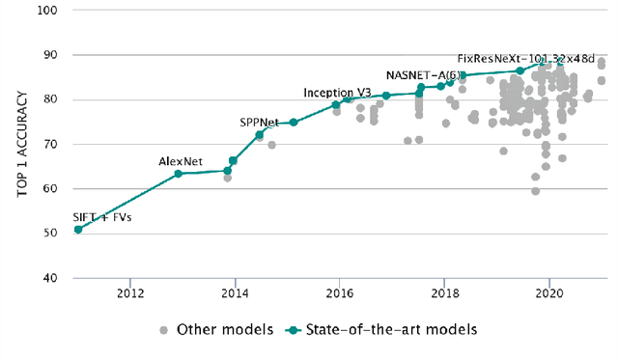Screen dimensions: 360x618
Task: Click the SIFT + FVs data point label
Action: click(x=102, y=217)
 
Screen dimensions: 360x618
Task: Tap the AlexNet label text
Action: click(x=180, y=161)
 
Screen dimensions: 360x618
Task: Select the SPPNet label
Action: click(x=260, y=123)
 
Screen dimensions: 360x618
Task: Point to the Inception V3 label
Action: click(x=337, y=93)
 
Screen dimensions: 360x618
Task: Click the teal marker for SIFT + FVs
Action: click(x=78, y=229)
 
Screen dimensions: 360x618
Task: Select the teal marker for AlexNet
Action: click(x=179, y=174)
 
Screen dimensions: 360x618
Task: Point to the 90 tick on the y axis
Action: click(x=51, y=55)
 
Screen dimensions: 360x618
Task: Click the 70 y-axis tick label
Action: click(x=51, y=145)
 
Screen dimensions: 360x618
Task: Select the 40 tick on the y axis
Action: click(x=51, y=279)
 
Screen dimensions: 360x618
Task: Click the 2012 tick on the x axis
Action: click(x=130, y=293)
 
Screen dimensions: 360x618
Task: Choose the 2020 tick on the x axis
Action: click(x=549, y=293)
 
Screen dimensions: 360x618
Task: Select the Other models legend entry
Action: click(x=216, y=330)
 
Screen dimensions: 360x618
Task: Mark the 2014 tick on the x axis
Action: click(x=235, y=293)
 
